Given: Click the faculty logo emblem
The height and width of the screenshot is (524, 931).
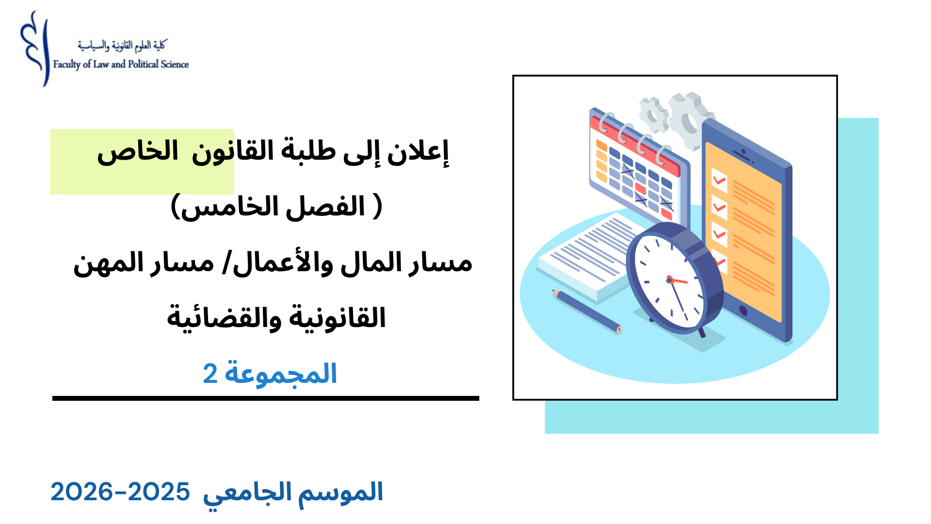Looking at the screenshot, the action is [35, 49].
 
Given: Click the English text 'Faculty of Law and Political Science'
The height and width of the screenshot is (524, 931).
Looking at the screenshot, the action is [121, 65].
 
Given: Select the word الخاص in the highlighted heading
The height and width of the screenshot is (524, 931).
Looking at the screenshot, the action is [138, 152].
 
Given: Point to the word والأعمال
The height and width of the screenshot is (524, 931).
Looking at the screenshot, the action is [277, 263].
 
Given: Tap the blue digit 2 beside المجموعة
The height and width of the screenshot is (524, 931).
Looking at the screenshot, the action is [210, 374].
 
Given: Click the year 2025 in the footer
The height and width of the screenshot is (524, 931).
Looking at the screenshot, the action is [159, 492].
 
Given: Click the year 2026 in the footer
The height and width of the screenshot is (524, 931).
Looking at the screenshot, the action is [81, 492].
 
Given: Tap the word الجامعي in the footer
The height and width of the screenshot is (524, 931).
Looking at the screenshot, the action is [247, 493].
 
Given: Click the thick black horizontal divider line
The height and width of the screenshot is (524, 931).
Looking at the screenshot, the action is [266, 398].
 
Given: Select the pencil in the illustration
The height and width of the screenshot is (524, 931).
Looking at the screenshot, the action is [587, 311].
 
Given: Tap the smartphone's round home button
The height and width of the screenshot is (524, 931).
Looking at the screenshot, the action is [743, 311].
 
